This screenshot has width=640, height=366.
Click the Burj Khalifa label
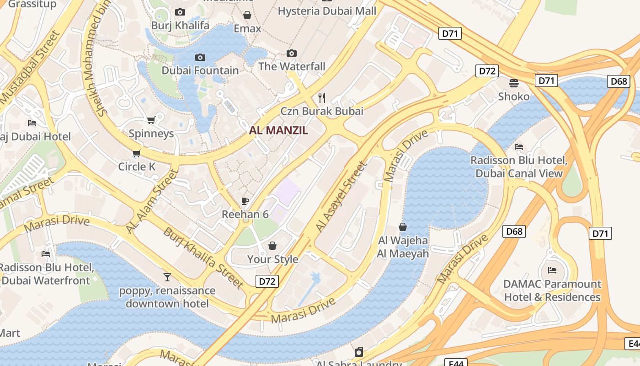pyautogui.click(x=180, y=25)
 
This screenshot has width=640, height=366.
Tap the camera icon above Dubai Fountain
pyautogui.click(x=200, y=58)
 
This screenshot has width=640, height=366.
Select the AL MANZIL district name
pyautogui.click(x=278, y=130)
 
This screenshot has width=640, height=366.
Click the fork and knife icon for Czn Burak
pyautogui.click(x=322, y=97)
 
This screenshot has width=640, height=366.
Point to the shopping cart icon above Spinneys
pyautogui.click(x=151, y=120)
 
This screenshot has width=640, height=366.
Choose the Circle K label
pyautogui.click(x=137, y=167)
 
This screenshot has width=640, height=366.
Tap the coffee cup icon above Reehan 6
pyautogui.click(x=245, y=201)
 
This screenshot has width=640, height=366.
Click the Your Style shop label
pyautogui.click(x=272, y=259)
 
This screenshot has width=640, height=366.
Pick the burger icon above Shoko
pyautogui.click(x=514, y=83)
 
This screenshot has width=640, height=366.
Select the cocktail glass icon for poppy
pyautogui.click(x=167, y=277)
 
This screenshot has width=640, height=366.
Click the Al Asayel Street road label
pyautogui.click(x=341, y=197)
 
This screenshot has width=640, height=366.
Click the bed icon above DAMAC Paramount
pyautogui.click(x=552, y=270)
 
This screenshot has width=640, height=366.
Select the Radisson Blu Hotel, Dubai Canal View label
pyautogui.click(x=519, y=167)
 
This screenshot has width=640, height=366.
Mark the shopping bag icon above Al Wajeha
pyautogui.click(x=403, y=227)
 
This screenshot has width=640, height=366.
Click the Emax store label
pyautogui.click(x=247, y=28)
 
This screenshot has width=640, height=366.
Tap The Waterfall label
pyautogui.click(x=292, y=66)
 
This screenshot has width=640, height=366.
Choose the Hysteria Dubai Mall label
pyautogui.click(x=327, y=11)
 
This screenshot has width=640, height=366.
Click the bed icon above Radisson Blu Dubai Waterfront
pyautogui.click(x=46, y=253)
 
